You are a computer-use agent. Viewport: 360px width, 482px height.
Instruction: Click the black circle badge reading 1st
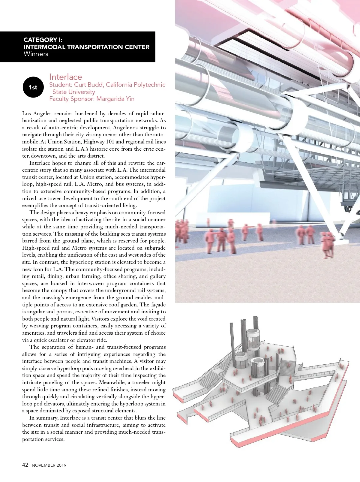coord(33,87)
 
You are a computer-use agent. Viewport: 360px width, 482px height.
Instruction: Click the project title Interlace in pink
coord(65,77)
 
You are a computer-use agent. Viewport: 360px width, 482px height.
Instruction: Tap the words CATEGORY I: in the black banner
coord(43,40)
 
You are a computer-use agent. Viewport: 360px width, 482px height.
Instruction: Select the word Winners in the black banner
coord(36,54)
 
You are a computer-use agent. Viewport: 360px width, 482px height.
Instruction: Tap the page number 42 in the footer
coord(25,465)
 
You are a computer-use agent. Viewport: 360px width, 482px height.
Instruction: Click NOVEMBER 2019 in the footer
coord(49,465)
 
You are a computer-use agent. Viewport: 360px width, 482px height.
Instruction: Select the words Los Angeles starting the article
coord(37,113)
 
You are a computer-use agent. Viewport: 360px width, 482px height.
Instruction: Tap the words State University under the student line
coord(74,92)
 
